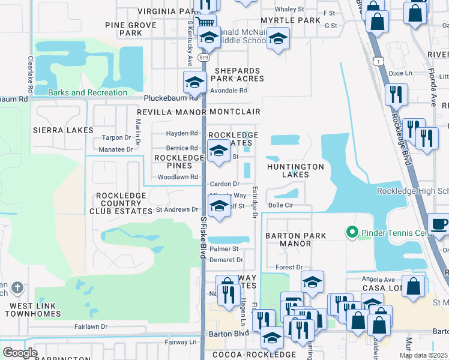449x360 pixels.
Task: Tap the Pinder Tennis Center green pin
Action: (352, 232)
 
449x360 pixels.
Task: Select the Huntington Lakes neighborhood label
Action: (295, 170)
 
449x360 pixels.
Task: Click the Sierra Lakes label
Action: (63, 130)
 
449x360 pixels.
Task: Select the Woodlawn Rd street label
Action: (178, 177)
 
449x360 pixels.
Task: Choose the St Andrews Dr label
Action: (177, 209)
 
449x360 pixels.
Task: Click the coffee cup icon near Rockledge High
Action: (439, 225)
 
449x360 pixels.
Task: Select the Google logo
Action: (20, 353)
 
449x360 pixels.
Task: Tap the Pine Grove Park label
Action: (130, 29)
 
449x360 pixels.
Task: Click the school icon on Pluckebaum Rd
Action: (194, 82)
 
